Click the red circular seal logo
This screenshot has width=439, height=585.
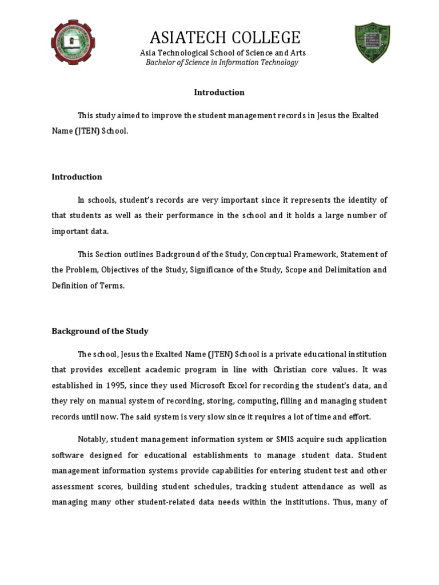[x=74, y=43]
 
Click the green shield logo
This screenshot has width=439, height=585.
[x=372, y=43]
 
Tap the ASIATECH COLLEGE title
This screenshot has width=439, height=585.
[x=225, y=38]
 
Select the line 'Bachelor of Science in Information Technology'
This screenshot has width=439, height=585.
[x=222, y=62]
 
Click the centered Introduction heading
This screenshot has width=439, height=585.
[x=219, y=93]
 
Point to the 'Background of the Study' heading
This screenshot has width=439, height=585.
[x=100, y=331]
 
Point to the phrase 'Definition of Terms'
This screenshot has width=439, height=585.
[x=88, y=286]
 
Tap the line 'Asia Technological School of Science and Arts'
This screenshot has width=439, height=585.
[x=223, y=53]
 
